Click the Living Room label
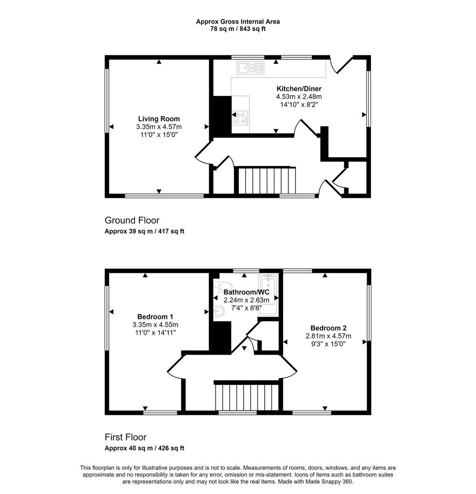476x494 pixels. point(159,119)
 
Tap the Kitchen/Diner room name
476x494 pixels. point(299,89)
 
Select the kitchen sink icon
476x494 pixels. point(250,68)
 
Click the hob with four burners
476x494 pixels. point(240,118)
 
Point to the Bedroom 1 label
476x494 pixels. point(155,316)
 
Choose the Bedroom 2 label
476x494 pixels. point(328,328)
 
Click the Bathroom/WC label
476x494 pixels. point(246,292)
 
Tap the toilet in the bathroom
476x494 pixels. point(218,287)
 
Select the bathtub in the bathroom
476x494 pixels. point(268,294)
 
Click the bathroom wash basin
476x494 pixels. point(218,312)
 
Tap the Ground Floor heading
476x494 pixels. point(132,220)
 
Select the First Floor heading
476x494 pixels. point(126,437)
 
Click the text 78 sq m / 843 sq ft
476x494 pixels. point(238,29)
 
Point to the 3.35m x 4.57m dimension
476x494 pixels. point(159,127)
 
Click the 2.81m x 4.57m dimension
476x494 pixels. point(328,336)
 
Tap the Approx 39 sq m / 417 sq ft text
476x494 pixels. point(145,231)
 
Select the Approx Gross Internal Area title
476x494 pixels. point(238,21)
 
